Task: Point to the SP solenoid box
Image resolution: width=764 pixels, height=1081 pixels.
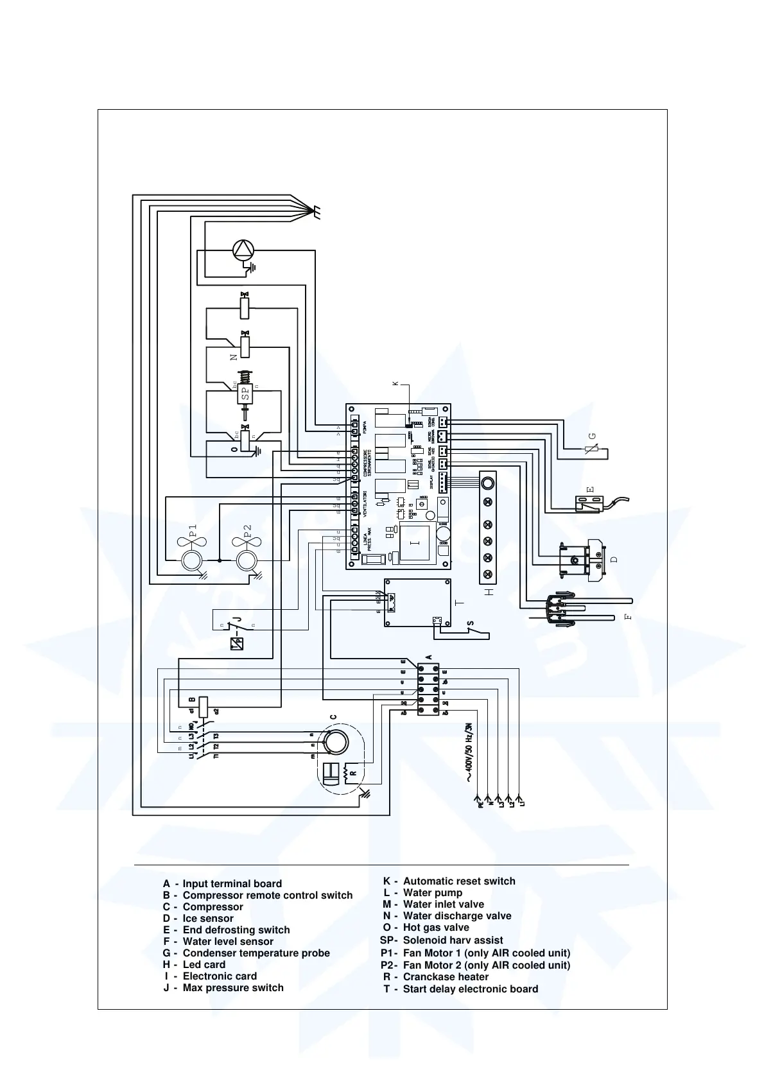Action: coord(245,394)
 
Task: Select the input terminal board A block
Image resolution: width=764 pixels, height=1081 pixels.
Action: coord(428,689)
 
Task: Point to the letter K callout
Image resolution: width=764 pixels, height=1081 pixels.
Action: coord(395,383)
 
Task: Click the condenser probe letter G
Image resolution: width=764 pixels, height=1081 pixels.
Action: coord(593,436)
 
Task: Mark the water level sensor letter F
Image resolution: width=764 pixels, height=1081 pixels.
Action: coord(629,617)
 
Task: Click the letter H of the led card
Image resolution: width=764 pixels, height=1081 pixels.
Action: coord(489,591)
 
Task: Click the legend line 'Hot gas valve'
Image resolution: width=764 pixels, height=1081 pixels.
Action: coord(435,928)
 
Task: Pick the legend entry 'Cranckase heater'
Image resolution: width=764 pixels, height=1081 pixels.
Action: coord(445,977)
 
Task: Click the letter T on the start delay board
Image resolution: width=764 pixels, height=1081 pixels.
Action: coord(458,604)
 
